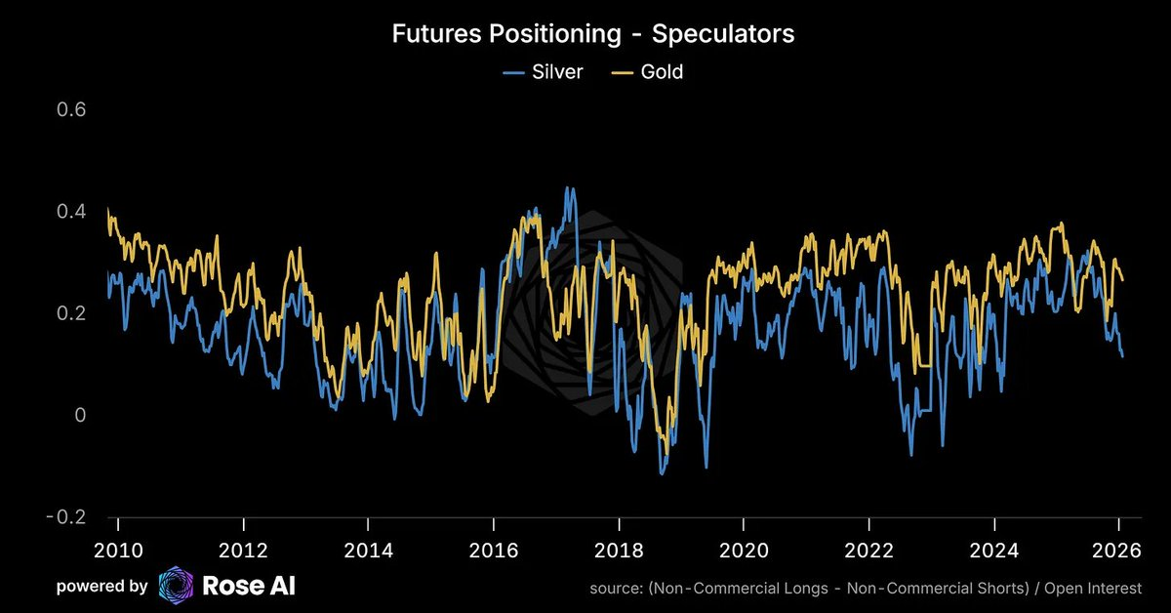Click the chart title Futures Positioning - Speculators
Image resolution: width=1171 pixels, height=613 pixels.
(x=592, y=33)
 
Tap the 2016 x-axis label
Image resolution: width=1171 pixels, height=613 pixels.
(x=493, y=550)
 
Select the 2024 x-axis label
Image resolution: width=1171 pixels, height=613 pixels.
(x=993, y=550)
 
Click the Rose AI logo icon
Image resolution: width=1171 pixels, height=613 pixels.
(x=176, y=586)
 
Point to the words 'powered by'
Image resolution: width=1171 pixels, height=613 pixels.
(x=101, y=587)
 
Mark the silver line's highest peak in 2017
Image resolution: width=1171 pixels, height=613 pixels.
(x=569, y=187)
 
